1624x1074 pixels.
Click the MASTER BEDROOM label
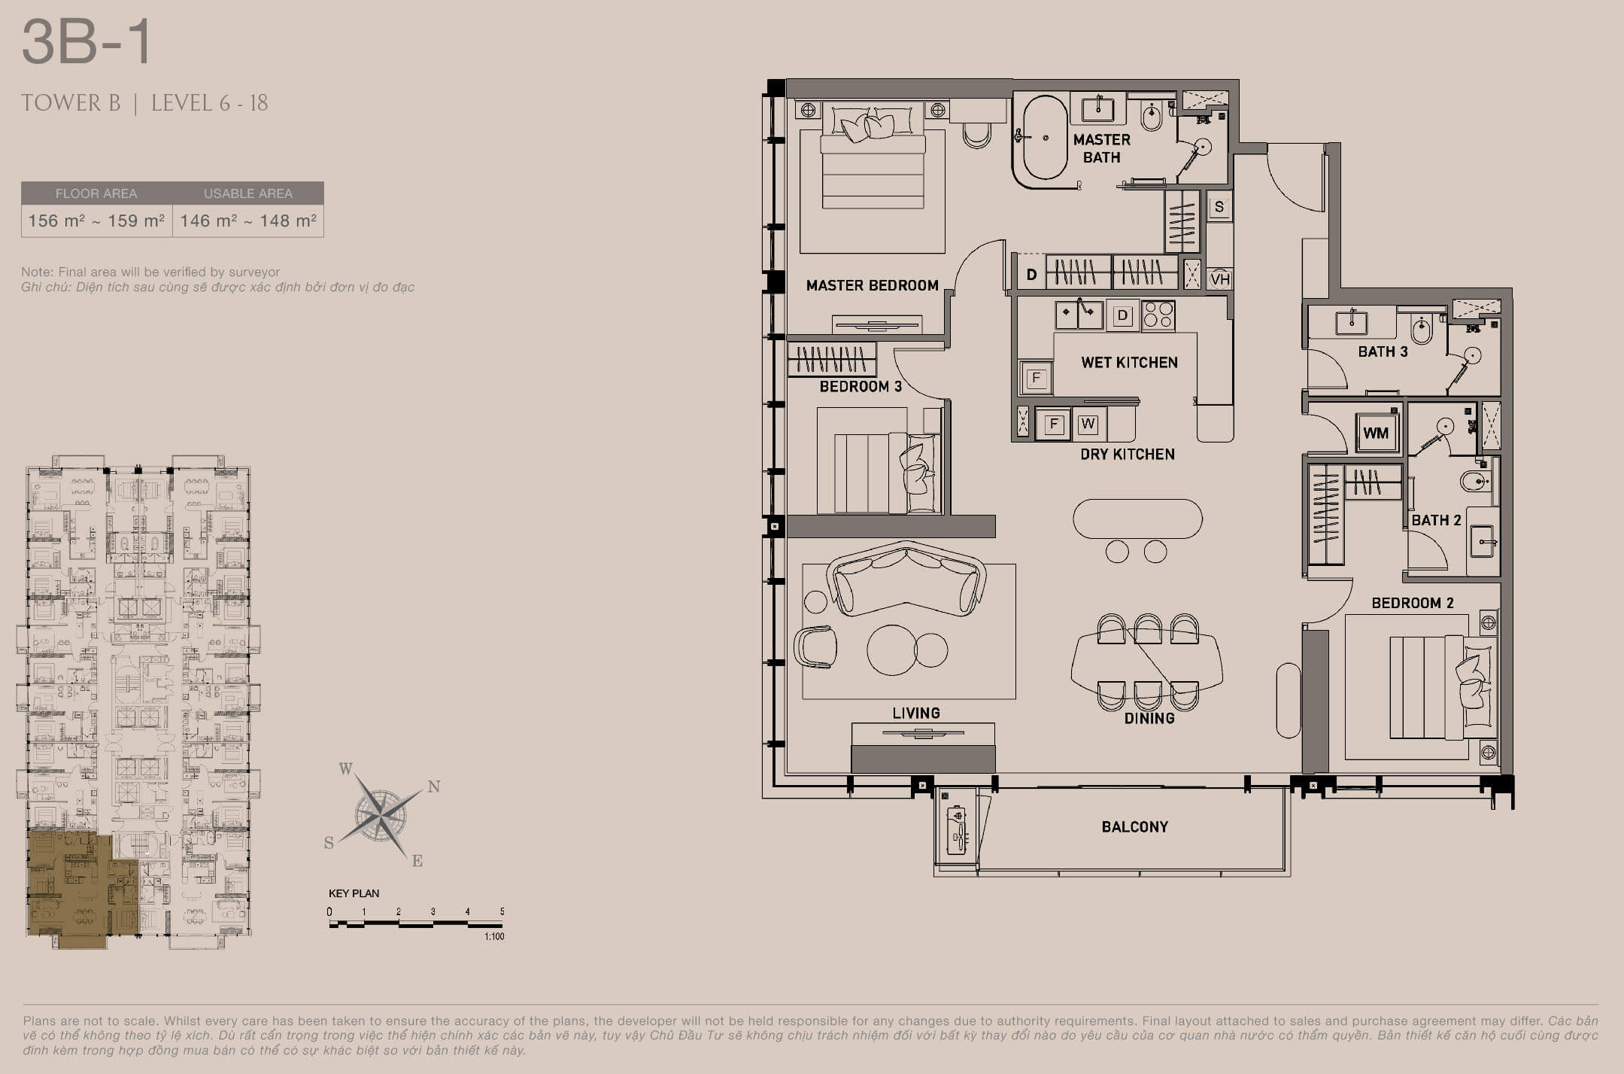[872, 285]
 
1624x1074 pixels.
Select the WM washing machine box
[1376, 433]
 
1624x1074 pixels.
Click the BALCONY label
[1134, 827]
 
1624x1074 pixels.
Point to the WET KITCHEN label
[1129, 363]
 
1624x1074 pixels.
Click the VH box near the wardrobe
[1219, 279]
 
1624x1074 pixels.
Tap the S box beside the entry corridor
[1219, 207]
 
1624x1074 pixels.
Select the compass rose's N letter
[434, 787]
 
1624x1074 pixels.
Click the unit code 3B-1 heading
[87, 43]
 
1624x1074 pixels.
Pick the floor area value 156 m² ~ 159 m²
[96, 221]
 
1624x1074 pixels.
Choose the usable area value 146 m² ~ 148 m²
[248, 221]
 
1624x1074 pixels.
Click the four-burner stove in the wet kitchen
[1158, 315]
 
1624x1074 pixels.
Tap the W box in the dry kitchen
[1088, 424]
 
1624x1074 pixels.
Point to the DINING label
[1149, 719]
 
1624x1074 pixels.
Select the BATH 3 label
[1383, 351]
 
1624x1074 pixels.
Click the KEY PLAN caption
[354, 893]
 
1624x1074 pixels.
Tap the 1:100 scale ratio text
[494, 936]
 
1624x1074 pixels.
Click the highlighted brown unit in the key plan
[75, 888]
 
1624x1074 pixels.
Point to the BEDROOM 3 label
[861, 387]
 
